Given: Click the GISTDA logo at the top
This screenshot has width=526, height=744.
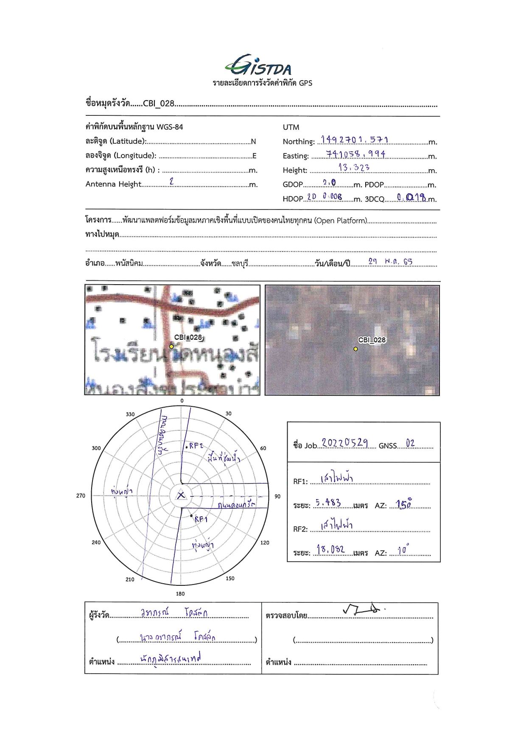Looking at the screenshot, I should pos(258,65).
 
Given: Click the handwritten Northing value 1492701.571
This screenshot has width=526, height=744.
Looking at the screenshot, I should pos(354,140).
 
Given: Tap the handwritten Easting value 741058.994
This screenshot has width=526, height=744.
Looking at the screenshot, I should pos(355,154).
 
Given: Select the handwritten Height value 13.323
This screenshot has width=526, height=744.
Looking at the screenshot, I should pos(354,168).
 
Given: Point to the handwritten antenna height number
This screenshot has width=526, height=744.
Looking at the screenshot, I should pos(171,181).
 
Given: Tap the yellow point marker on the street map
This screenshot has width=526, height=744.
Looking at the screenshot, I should pos(171,347).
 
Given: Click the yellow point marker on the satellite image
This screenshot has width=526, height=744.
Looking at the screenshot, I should pos(355,349).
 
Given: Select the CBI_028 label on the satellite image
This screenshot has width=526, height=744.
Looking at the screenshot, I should pos(372,340).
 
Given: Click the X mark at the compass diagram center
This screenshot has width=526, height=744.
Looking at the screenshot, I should pos(181,495).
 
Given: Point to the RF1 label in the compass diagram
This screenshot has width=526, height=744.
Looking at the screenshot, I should pos(201,519).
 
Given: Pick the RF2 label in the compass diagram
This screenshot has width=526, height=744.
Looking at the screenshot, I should pos(196,446).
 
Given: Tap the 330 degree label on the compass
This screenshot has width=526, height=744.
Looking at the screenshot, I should pos(130,414).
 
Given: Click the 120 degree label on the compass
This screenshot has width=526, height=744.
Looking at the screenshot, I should pos(265,543).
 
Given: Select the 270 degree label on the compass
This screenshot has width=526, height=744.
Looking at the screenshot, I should pos(81,495).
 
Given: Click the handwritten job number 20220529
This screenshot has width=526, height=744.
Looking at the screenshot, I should pos(344,443).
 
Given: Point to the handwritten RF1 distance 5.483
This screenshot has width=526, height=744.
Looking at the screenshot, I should pos(328,503).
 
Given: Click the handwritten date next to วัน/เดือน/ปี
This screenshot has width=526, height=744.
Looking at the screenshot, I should pos(390,261).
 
